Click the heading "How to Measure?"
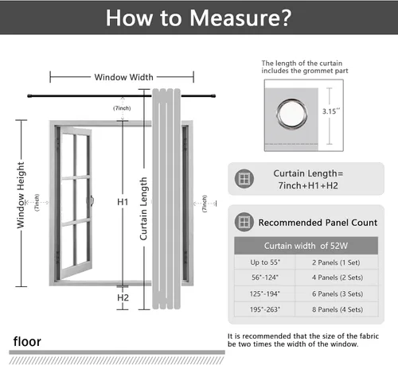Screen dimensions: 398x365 point(198,17)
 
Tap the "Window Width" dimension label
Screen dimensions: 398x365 point(124,77)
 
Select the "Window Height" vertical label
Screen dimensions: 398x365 point(21,195)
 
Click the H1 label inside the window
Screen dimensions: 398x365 point(123,202)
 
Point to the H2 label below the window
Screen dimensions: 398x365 point(123,297)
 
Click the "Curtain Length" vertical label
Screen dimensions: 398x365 point(143,209)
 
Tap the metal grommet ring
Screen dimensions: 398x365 point(292,115)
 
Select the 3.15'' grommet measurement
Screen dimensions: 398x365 point(331,111)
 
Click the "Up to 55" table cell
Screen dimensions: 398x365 point(265,262)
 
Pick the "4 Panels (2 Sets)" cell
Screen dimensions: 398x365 point(338,278)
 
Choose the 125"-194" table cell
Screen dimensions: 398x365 point(265,293)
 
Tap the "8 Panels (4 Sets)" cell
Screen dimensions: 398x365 point(338,309)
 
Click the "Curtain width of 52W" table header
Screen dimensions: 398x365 point(306,246)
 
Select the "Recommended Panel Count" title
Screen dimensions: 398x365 point(318,223)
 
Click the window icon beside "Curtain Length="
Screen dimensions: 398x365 point(244,179)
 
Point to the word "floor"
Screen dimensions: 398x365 point(27,341)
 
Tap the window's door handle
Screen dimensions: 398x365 point(91,200)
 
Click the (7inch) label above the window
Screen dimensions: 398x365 point(122,108)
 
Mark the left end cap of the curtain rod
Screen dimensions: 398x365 point(29,96)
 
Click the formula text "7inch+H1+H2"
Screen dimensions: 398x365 point(308,185)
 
